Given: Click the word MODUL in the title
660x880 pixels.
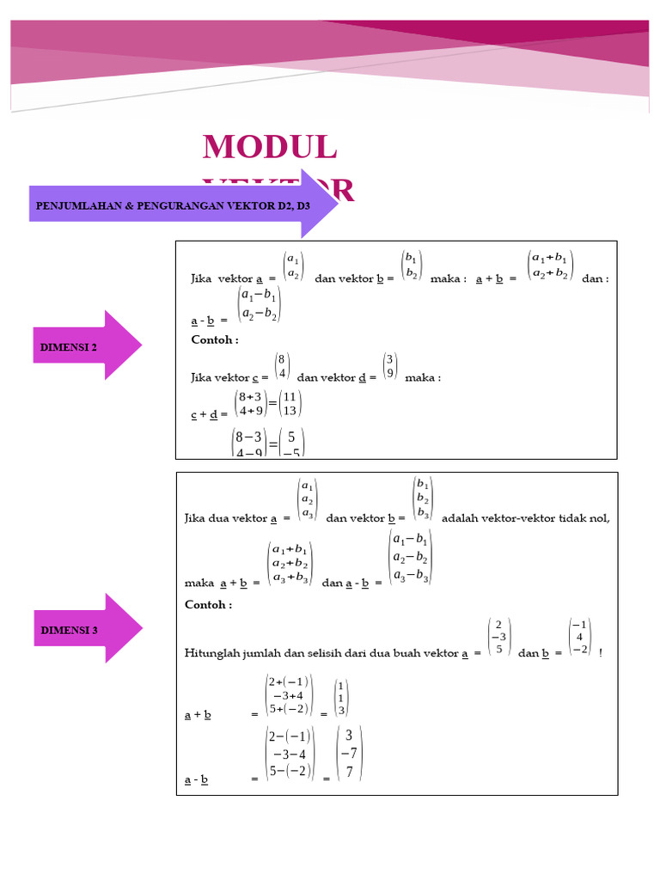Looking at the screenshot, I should [270, 148].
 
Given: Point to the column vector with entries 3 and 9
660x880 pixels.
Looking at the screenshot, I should [390, 366].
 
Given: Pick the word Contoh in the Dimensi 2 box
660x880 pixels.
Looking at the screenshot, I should [211, 340].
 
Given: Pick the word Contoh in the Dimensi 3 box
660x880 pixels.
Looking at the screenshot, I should [208, 605].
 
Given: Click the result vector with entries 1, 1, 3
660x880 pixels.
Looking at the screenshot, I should [341, 698].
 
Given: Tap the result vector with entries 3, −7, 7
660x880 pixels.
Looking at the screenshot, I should [349, 753].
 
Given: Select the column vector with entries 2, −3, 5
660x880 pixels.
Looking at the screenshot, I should [498, 638].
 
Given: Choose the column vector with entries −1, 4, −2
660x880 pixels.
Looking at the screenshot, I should [580, 637].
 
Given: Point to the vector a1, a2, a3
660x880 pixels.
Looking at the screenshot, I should [307, 499].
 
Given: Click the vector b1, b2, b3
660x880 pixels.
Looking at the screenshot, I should [422, 498].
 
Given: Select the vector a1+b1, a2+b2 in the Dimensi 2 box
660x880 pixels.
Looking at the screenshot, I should [550, 266].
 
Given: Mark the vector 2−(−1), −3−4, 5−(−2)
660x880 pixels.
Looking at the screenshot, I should [289, 754].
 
